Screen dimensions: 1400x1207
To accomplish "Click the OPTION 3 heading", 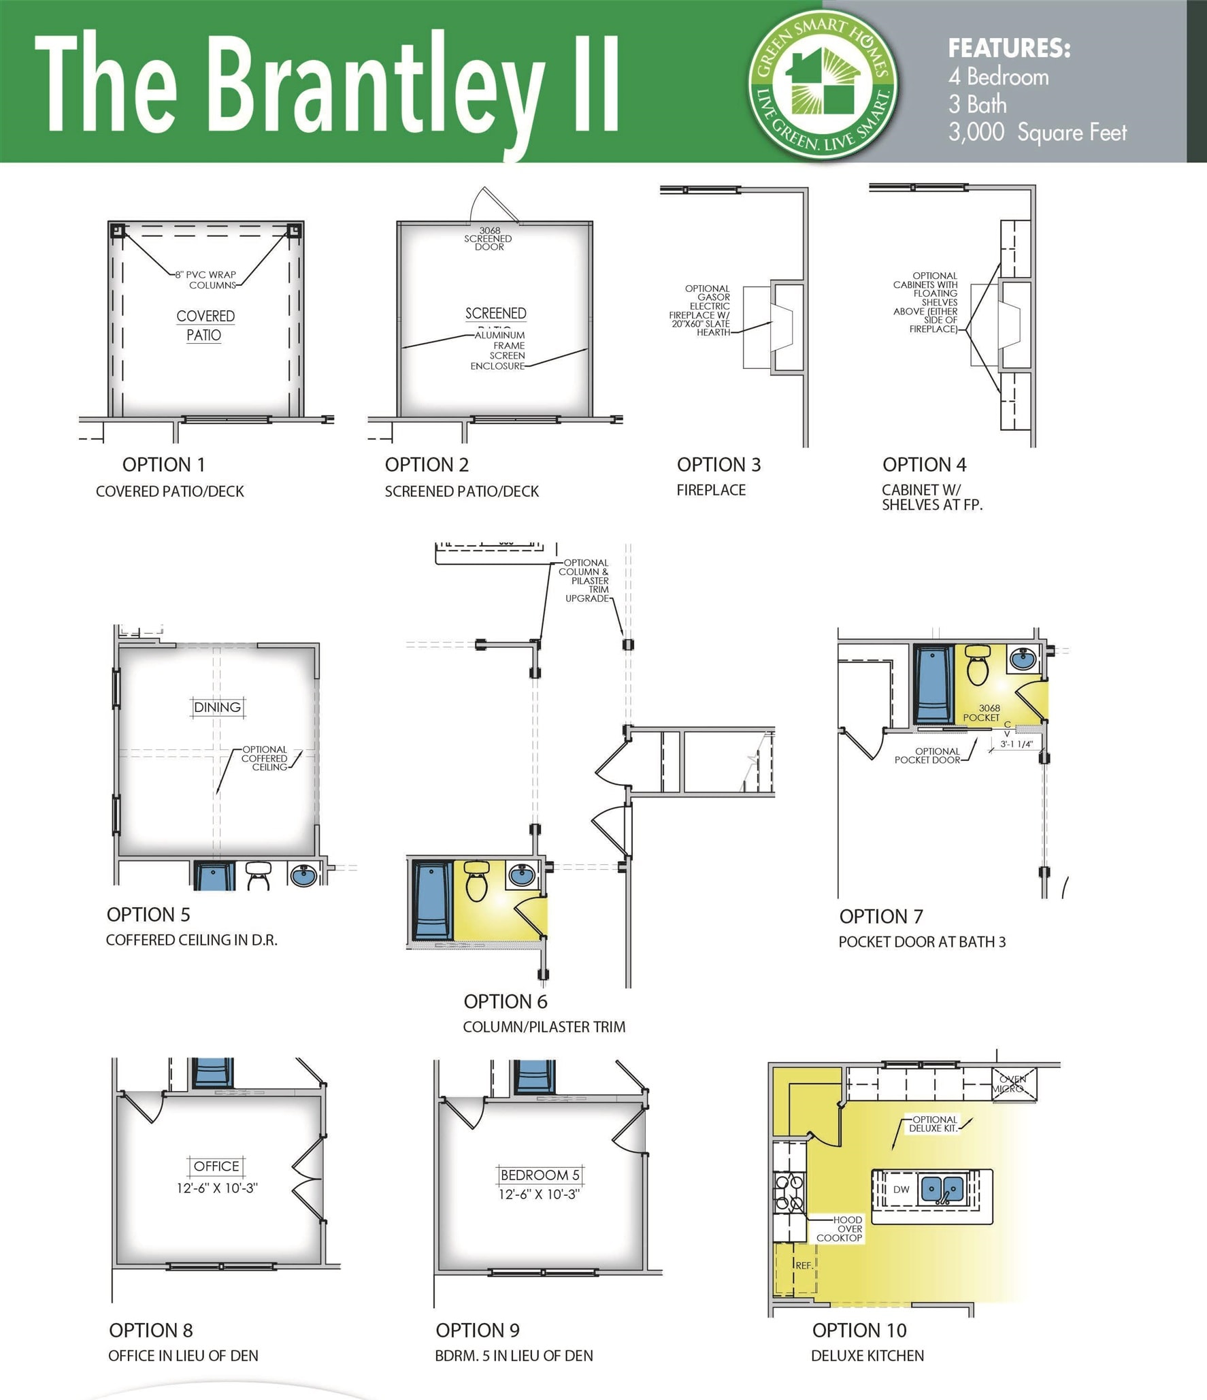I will pyautogui.click(x=718, y=465).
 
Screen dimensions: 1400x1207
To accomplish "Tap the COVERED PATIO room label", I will pyautogui.click(x=205, y=325).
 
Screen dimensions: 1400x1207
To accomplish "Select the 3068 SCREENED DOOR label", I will pyautogui.click(x=489, y=239).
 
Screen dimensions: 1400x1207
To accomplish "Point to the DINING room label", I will pyautogui.click(x=217, y=707).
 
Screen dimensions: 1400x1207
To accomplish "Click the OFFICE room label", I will pyautogui.click(x=216, y=1166).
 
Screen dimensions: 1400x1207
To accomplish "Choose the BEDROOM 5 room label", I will pyautogui.click(x=540, y=1175).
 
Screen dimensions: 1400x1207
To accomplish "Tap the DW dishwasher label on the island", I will pyautogui.click(x=901, y=1190).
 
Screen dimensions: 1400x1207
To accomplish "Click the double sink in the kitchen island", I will pyautogui.click(x=942, y=1190).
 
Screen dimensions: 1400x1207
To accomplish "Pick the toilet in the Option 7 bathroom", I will pyautogui.click(x=978, y=666).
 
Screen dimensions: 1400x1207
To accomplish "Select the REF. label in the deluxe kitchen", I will pyautogui.click(x=804, y=1265).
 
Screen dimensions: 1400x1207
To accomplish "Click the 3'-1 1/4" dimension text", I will pyautogui.click(x=1016, y=744).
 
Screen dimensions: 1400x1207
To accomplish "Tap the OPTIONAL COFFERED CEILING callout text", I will pyautogui.click(x=265, y=758).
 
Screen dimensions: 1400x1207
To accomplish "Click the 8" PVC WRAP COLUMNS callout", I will pyautogui.click(x=206, y=280).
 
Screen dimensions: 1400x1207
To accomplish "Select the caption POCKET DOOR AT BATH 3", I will pyautogui.click(x=922, y=942).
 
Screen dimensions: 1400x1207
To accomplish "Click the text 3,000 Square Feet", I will pyautogui.click(x=1038, y=132).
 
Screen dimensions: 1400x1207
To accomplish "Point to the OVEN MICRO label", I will pyautogui.click(x=1012, y=1084).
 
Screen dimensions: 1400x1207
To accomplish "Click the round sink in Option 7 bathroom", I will pyautogui.click(x=1023, y=658).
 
